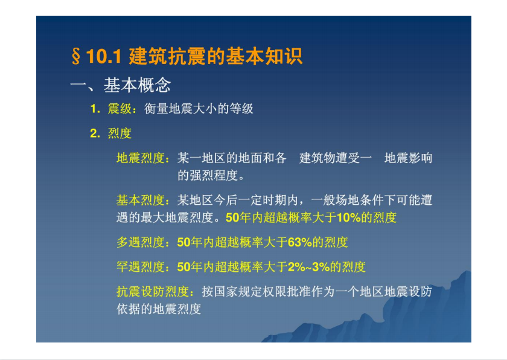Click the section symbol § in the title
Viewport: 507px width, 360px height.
[76, 56]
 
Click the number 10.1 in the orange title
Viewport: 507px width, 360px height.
[104, 56]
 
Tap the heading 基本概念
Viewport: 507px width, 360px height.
[137, 85]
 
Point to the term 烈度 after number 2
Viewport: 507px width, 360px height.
[120, 133]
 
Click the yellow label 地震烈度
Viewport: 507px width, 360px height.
[141, 158]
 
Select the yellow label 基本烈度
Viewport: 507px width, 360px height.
[141, 200]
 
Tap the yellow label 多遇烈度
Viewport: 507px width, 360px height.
[141, 242]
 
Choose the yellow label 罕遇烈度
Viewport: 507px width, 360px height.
[141, 267]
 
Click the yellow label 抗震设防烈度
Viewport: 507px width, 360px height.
[153, 291]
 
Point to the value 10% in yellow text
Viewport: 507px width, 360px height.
[349, 217]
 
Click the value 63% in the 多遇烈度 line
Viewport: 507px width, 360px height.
[299, 242]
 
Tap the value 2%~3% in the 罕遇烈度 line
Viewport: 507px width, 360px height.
[308, 267]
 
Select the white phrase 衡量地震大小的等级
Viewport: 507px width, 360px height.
[199, 109]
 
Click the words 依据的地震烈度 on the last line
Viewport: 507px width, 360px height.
[159, 309]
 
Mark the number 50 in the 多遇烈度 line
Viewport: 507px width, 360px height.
[183, 242]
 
